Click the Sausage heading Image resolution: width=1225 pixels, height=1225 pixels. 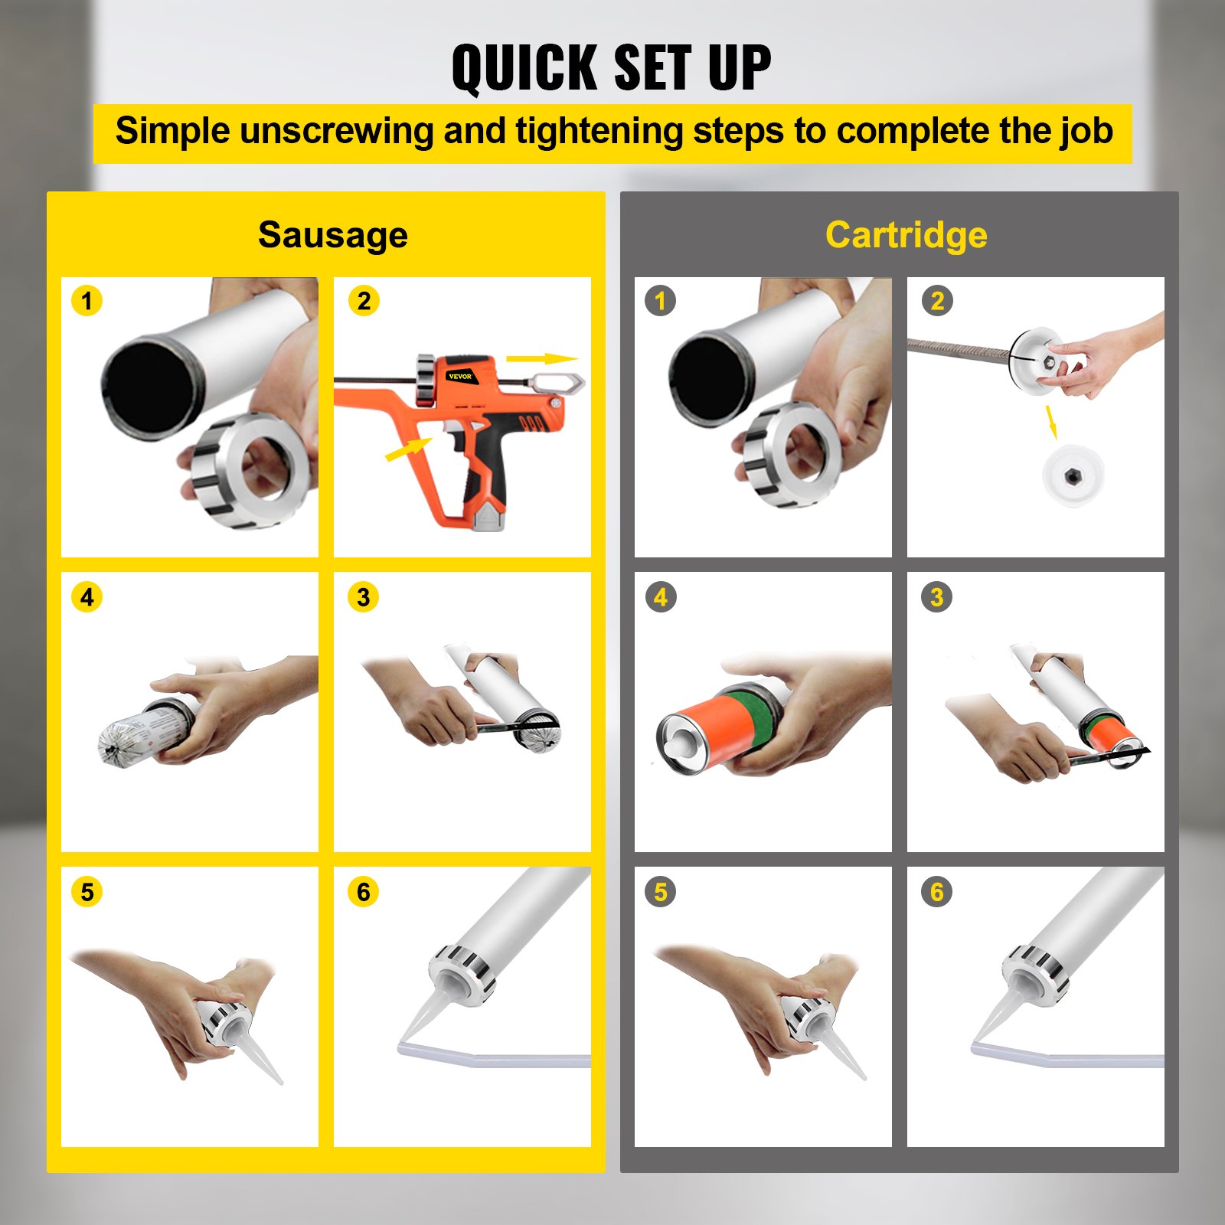pos(332,234)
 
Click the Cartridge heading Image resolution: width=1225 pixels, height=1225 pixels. pos(906,234)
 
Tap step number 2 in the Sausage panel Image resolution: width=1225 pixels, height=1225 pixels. pos(364,301)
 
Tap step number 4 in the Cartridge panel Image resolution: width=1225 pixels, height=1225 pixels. pos(660,596)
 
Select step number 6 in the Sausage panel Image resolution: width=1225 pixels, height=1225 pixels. pos(363,891)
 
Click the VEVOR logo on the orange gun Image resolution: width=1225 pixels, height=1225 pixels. pos(460,376)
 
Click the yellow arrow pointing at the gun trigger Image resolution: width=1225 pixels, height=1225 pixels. pos(408,449)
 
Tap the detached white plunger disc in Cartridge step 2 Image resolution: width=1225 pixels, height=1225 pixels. pos(1073,475)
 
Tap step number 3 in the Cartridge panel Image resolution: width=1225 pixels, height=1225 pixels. pos(936,596)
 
